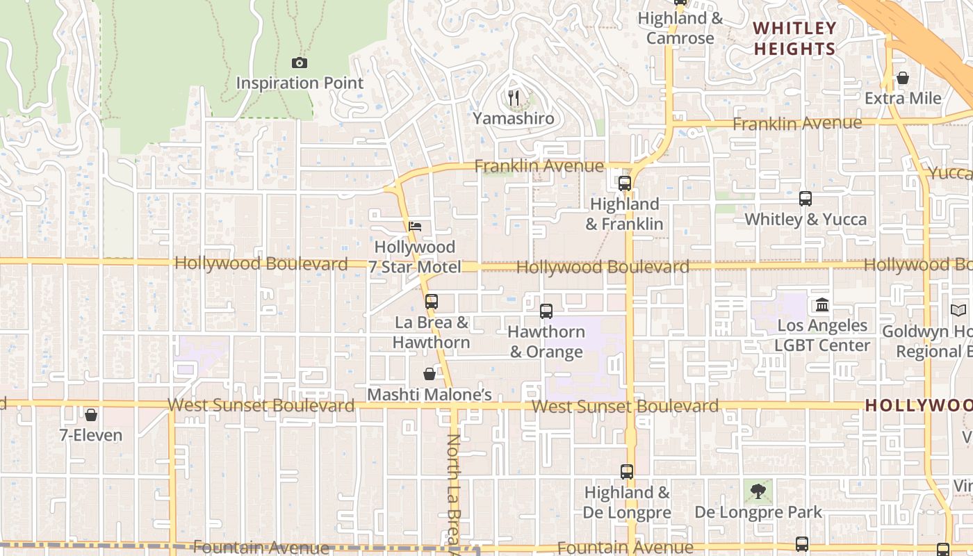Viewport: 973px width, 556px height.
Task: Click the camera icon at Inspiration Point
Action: coord(300,63)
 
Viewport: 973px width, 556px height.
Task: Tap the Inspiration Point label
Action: coord(300,83)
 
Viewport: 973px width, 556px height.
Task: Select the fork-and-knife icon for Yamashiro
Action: coord(514,98)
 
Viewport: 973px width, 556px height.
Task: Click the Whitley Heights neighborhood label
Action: coord(794,38)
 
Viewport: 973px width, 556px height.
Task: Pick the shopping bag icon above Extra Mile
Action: coord(903,78)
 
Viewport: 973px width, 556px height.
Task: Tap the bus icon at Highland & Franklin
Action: coord(625,183)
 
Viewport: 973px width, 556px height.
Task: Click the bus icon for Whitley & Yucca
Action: coord(806,199)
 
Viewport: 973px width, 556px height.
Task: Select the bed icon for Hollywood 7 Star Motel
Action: coord(415,227)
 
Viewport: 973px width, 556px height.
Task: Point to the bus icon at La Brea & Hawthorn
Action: coord(432,302)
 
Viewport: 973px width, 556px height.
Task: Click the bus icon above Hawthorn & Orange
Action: coord(546,311)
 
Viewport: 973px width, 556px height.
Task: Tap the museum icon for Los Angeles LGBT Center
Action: coord(823,304)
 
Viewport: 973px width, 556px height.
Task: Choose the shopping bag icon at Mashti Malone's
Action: coord(430,374)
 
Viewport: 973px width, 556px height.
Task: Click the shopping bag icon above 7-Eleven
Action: coord(90,415)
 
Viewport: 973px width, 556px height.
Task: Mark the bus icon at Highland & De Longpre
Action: coord(627,472)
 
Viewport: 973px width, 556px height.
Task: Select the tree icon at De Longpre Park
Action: coord(758,491)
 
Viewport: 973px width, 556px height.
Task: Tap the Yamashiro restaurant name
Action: coord(514,118)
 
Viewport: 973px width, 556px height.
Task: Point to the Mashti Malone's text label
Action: coord(430,395)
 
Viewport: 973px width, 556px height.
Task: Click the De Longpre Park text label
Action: coord(758,513)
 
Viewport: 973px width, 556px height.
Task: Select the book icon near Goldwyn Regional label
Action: coord(958,311)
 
